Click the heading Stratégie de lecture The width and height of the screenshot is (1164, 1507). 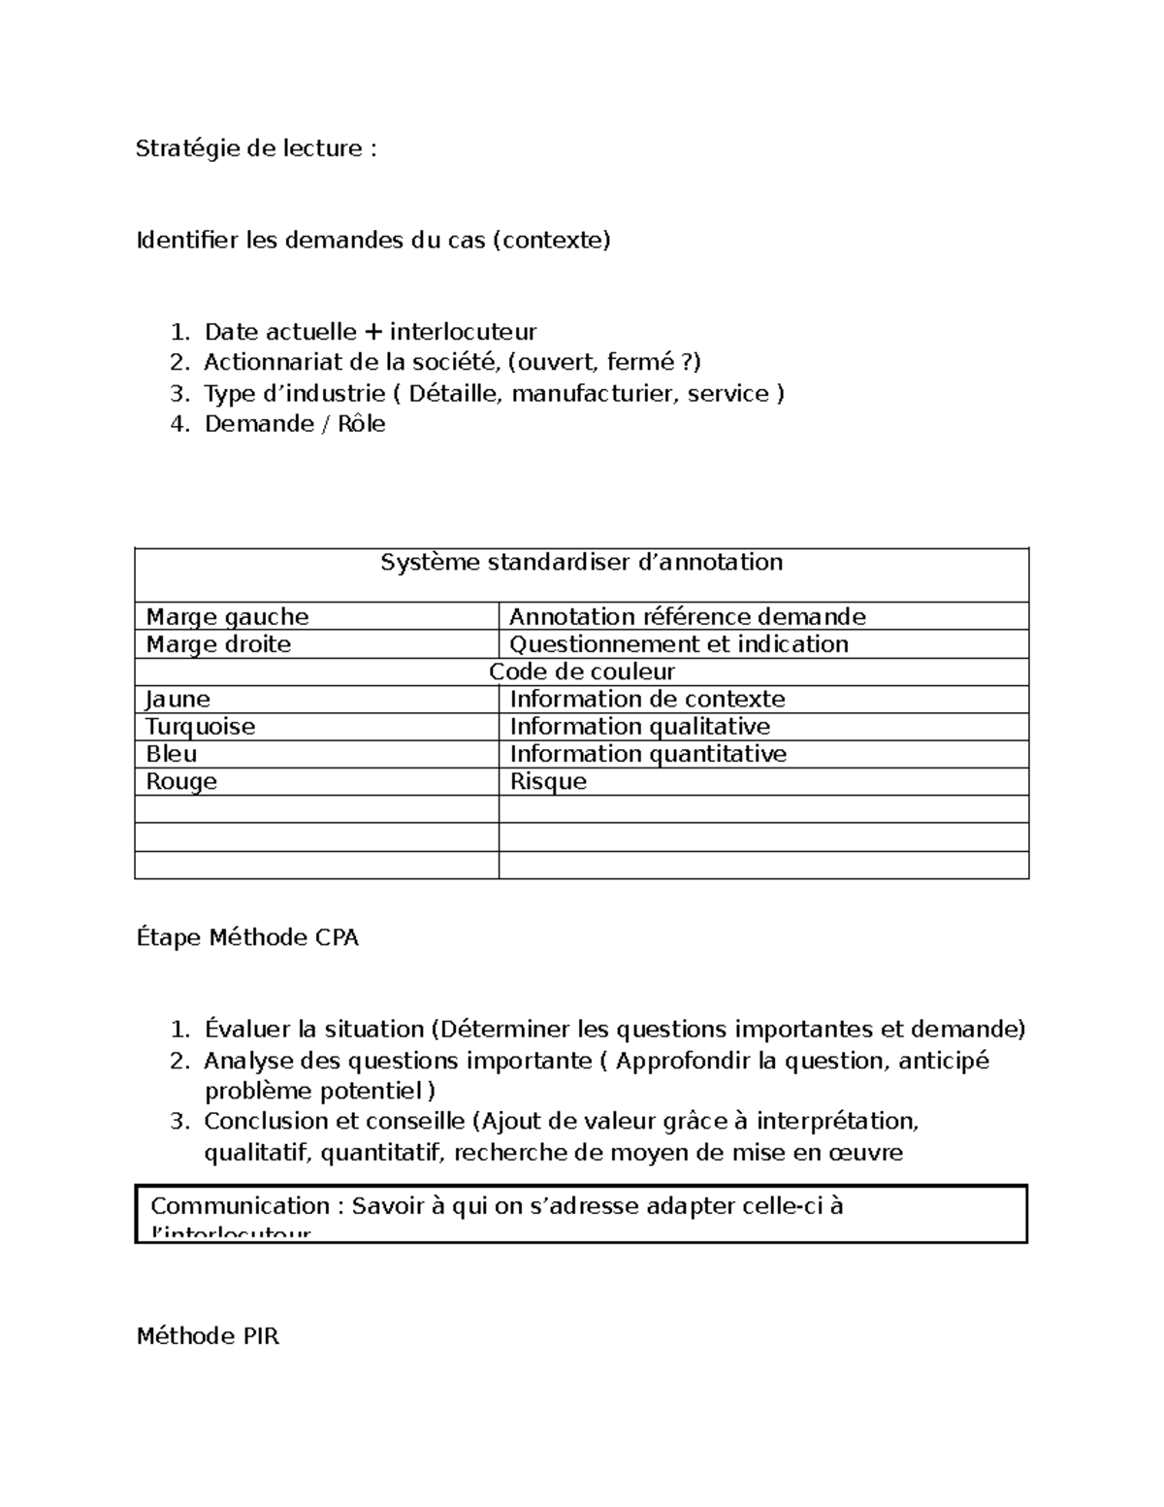point(255,148)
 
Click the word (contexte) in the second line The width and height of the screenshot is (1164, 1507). point(552,240)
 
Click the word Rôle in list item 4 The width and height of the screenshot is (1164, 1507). point(361,424)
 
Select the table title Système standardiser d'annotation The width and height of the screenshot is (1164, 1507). point(581,563)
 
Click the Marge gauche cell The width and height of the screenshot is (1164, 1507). point(228,617)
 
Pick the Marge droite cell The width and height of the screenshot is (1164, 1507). point(218,644)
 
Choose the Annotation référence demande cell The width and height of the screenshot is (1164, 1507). point(687,617)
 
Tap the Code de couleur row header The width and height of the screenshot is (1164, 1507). point(581,672)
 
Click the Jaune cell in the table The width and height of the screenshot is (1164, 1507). point(178,700)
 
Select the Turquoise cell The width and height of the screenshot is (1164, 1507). point(201,727)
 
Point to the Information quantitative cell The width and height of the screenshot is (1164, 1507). point(647,754)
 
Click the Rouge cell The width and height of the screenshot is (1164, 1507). point(181,782)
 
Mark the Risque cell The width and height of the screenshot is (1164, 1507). point(548,782)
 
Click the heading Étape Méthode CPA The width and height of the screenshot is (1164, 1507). point(247,938)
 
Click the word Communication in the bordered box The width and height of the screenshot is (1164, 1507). point(241,1206)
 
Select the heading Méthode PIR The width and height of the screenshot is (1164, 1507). point(208,1337)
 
